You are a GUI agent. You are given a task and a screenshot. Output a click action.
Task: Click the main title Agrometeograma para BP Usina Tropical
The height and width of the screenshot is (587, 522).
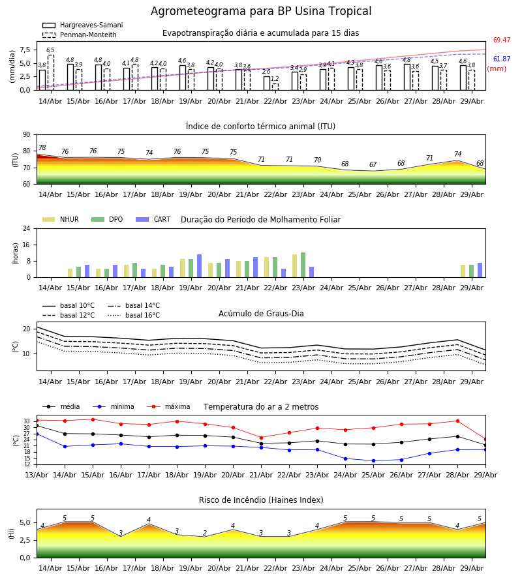(261, 11)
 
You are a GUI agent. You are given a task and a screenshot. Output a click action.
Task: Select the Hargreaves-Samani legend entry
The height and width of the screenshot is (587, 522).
(83, 25)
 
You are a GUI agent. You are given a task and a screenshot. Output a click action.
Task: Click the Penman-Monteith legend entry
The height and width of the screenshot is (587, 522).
(80, 35)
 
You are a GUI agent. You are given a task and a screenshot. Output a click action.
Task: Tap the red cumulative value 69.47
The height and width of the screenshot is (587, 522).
(502, 40)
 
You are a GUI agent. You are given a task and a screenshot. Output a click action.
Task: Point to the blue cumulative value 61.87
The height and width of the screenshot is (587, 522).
(502, 59)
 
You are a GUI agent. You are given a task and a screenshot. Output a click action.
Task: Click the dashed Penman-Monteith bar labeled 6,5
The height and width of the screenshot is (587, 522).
(50, 72)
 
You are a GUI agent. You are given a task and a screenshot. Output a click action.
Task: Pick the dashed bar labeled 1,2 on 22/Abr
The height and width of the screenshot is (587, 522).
(275, 87)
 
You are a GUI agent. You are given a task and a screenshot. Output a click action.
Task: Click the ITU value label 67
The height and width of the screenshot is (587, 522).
(373, 165)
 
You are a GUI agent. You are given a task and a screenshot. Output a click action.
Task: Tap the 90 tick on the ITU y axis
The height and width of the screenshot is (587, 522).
(27, 135)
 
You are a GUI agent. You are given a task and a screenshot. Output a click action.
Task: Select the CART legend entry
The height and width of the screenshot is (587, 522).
(153, 219)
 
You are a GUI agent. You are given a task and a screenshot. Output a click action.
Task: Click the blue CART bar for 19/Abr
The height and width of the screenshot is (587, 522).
(199, 266)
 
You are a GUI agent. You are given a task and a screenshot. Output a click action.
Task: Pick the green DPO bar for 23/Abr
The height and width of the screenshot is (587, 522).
(303, 265)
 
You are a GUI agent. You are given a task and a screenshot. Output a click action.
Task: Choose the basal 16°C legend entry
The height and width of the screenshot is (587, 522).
(134, 315)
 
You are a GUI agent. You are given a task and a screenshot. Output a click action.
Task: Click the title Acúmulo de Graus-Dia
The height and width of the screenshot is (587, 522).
(261, 313)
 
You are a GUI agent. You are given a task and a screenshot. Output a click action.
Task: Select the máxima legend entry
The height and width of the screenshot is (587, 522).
(168, 406)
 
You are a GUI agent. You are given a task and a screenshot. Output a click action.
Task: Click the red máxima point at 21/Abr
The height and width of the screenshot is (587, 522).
(261, 438)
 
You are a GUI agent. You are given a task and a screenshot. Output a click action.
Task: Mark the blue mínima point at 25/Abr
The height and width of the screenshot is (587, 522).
(373, 461)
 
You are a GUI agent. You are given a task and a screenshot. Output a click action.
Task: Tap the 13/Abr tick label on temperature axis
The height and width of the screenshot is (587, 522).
(37, 475)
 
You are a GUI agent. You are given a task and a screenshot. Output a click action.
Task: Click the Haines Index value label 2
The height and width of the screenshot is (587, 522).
(205, 533)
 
